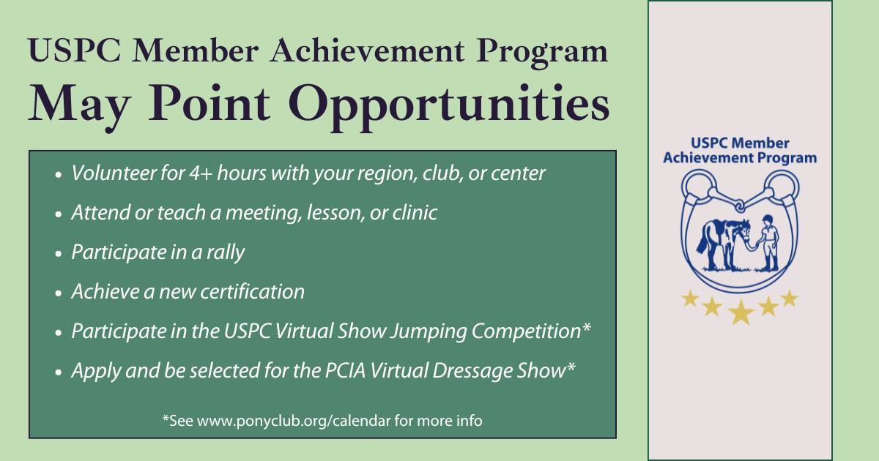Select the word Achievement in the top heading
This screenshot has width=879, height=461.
coord(367,51)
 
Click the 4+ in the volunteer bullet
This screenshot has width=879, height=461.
coord(201,173)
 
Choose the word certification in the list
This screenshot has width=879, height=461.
coord(252,292)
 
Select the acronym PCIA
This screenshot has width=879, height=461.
coord(345,371)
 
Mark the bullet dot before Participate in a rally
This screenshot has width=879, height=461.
coord(59,254)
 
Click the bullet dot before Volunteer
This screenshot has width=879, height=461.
coord(59,175)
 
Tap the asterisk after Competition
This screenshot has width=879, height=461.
coord(586,327)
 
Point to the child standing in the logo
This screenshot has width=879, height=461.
coord(768,242)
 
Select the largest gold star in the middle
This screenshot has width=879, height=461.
coord(741,312)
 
